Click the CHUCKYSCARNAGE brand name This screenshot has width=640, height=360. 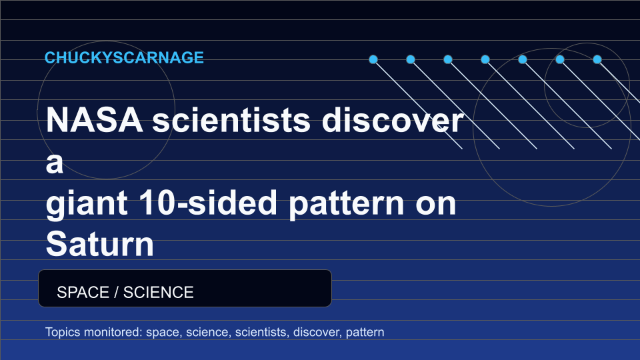pos(124,57)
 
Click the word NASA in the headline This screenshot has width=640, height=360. pos(94,120)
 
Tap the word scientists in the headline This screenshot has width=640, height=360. pos(231,120)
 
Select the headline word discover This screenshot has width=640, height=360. pos(392,120)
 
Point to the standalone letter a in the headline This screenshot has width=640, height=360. pos(54,163)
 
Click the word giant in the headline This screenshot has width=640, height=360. pos(87,203)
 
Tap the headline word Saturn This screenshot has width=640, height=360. pos(99,244)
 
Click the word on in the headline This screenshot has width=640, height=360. pos(435,204)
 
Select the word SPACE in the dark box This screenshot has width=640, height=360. pos(83,292)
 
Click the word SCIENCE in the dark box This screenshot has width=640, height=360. pos(159,292)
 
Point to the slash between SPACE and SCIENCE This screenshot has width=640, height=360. pos(116,292)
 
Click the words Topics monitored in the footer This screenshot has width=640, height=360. pos(94,332)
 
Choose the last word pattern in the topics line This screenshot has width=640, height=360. pos(365,333)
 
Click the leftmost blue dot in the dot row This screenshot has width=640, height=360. pos(373,59)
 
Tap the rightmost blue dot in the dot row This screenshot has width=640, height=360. pos(597,59)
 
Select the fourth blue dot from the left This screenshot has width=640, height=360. pos(485,59)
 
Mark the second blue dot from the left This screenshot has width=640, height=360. pos(411,59)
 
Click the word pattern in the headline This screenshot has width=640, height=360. pos(347,204)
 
